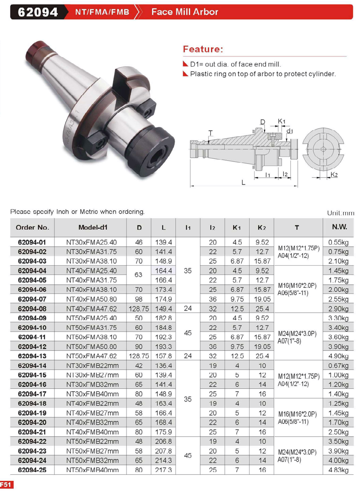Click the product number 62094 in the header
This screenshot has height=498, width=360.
pos(38,12)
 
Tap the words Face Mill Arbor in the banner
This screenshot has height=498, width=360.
pos(185,12)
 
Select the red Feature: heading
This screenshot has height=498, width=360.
pos(203,49)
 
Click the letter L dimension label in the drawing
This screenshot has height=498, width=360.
pos(243,182)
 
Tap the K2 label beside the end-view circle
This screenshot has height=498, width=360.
pos(334,174)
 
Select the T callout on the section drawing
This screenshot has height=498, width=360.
pos(211,133)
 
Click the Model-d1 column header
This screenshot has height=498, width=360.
pos(93,227)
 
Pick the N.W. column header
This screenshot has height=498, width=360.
pos(339,227)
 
